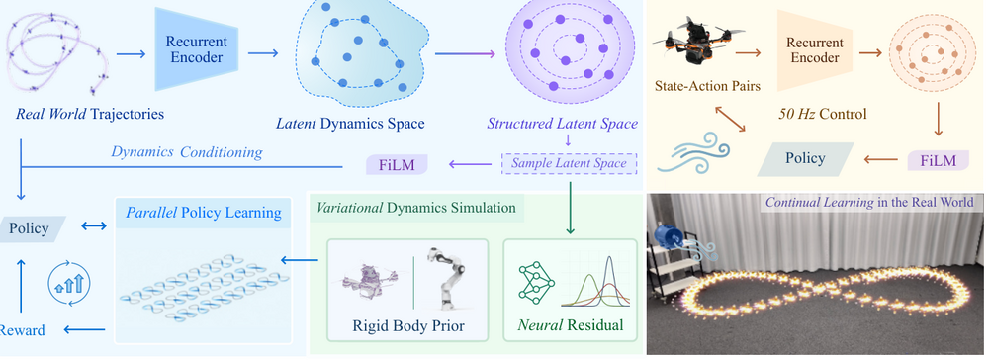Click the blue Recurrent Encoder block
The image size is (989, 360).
click(196, 49)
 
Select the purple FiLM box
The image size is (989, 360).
click(397, 165)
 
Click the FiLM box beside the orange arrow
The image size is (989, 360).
click(939, 159)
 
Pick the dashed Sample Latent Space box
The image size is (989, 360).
click(569, 164)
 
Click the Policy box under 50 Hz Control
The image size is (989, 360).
click(805, 158)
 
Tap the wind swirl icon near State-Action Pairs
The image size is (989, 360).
click(693, 152)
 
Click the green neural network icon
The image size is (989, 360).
click(535, 282)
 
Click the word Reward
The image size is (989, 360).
click(22, 329)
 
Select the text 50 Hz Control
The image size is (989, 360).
click(822, 114)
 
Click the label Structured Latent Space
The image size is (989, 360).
click(562, 124)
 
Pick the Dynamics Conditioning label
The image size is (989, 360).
click(187, 152)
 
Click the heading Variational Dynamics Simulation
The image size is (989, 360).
click(415, 208)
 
